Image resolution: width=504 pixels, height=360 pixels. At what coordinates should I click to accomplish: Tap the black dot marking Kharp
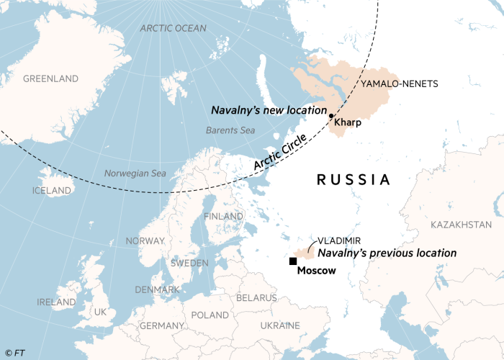pos(330,116)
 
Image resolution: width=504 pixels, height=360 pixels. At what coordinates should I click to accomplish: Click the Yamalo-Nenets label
pos(399,84)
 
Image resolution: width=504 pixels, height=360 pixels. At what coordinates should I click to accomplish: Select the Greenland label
pos(50,78)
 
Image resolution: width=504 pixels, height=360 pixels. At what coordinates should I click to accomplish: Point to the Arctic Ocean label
pos(173,28)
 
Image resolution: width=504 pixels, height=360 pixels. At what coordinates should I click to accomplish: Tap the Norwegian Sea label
pos(135,174)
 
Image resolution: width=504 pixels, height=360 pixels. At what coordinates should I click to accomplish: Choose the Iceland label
pos(52,191)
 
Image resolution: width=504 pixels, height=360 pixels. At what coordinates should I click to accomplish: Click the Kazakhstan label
pos(462,225)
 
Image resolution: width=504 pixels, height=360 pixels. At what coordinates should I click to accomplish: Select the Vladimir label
pos(339,240)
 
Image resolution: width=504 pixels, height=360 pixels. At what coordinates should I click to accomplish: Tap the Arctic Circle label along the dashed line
pos(280,153)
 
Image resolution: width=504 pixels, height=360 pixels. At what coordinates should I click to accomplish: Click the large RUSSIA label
pos(354,180)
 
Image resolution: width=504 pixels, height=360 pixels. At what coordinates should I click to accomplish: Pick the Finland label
pos(223,216)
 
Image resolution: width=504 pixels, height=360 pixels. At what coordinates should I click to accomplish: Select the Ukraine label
pos(280,325)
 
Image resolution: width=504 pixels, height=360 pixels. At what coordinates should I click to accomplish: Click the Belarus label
pos(256,297)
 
